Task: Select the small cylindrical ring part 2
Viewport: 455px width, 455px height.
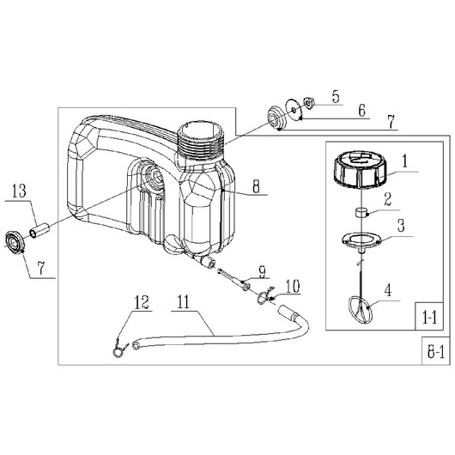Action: pyautogui.click(x=361, y=212)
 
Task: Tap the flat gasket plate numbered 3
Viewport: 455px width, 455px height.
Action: pyautogui.click(x=361, y=241)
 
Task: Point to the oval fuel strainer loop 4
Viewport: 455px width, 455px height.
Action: pyautogui.click(x=360, y=310)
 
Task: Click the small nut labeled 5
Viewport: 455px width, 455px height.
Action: pyautogui.click(x=309, y=103)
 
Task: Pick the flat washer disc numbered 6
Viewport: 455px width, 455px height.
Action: pyautogui.click(x=294, y=110)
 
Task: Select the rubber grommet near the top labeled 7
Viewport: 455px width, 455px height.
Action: pyautogui.click(x=276, y=118)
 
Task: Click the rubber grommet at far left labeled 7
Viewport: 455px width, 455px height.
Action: pyautogui.click(x=15, y=242)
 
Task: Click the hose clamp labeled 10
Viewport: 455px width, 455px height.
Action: pyautogui.click(x=265, y=296)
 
